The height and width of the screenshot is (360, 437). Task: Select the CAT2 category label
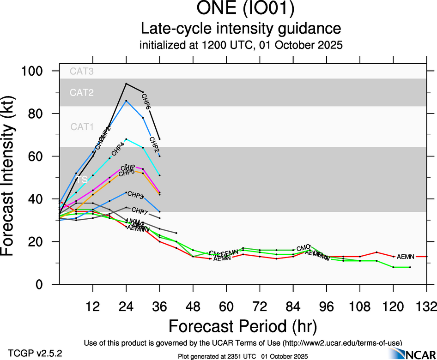(82, 92)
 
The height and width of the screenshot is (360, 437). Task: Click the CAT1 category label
(82, 127)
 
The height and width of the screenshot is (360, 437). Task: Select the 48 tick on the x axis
(193, 306)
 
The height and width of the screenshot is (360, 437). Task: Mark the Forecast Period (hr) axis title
(243, 326)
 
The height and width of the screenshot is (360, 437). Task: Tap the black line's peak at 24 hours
(126, 84)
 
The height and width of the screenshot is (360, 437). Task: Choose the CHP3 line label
(136, 195)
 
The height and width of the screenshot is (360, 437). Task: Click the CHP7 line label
(140, 212)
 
